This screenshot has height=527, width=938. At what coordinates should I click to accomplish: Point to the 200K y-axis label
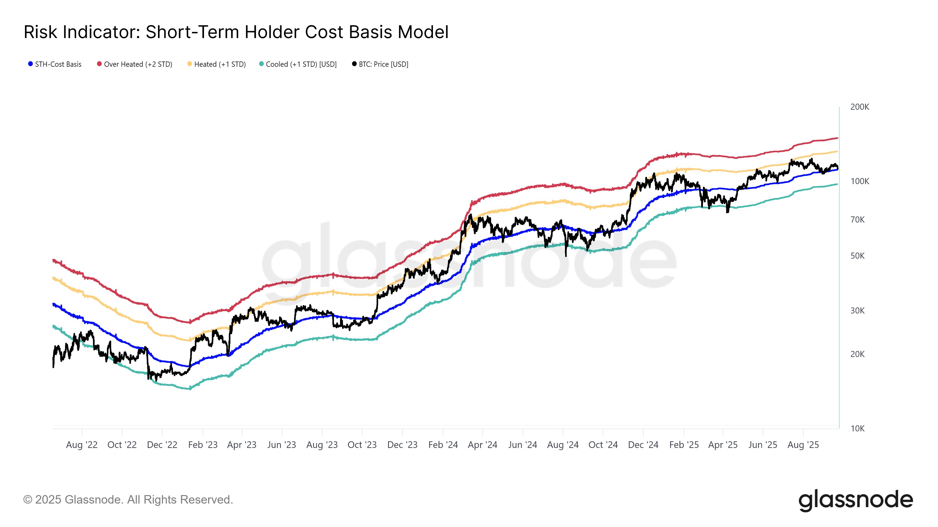coord(859,107)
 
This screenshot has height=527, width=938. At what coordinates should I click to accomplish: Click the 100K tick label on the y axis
coord(859,181)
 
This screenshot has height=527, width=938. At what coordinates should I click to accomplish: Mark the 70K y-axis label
coord(857,220)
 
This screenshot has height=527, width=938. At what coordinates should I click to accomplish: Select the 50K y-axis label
coord(857,256)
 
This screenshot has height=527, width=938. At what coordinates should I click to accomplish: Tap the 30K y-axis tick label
coord(857,311)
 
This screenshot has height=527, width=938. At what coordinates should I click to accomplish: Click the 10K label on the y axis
coord(857,428)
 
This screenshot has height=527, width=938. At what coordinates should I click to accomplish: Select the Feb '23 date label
coord(203,445)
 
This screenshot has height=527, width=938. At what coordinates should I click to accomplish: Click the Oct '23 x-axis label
coord(362,445)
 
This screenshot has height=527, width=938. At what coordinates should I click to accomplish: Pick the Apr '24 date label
coord(482,445)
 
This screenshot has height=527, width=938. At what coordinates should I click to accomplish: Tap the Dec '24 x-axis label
coord(643,445)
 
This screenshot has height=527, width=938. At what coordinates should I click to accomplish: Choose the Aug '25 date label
coord(803,445)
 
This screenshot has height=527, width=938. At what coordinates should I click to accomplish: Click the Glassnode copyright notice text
coord(128,500)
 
